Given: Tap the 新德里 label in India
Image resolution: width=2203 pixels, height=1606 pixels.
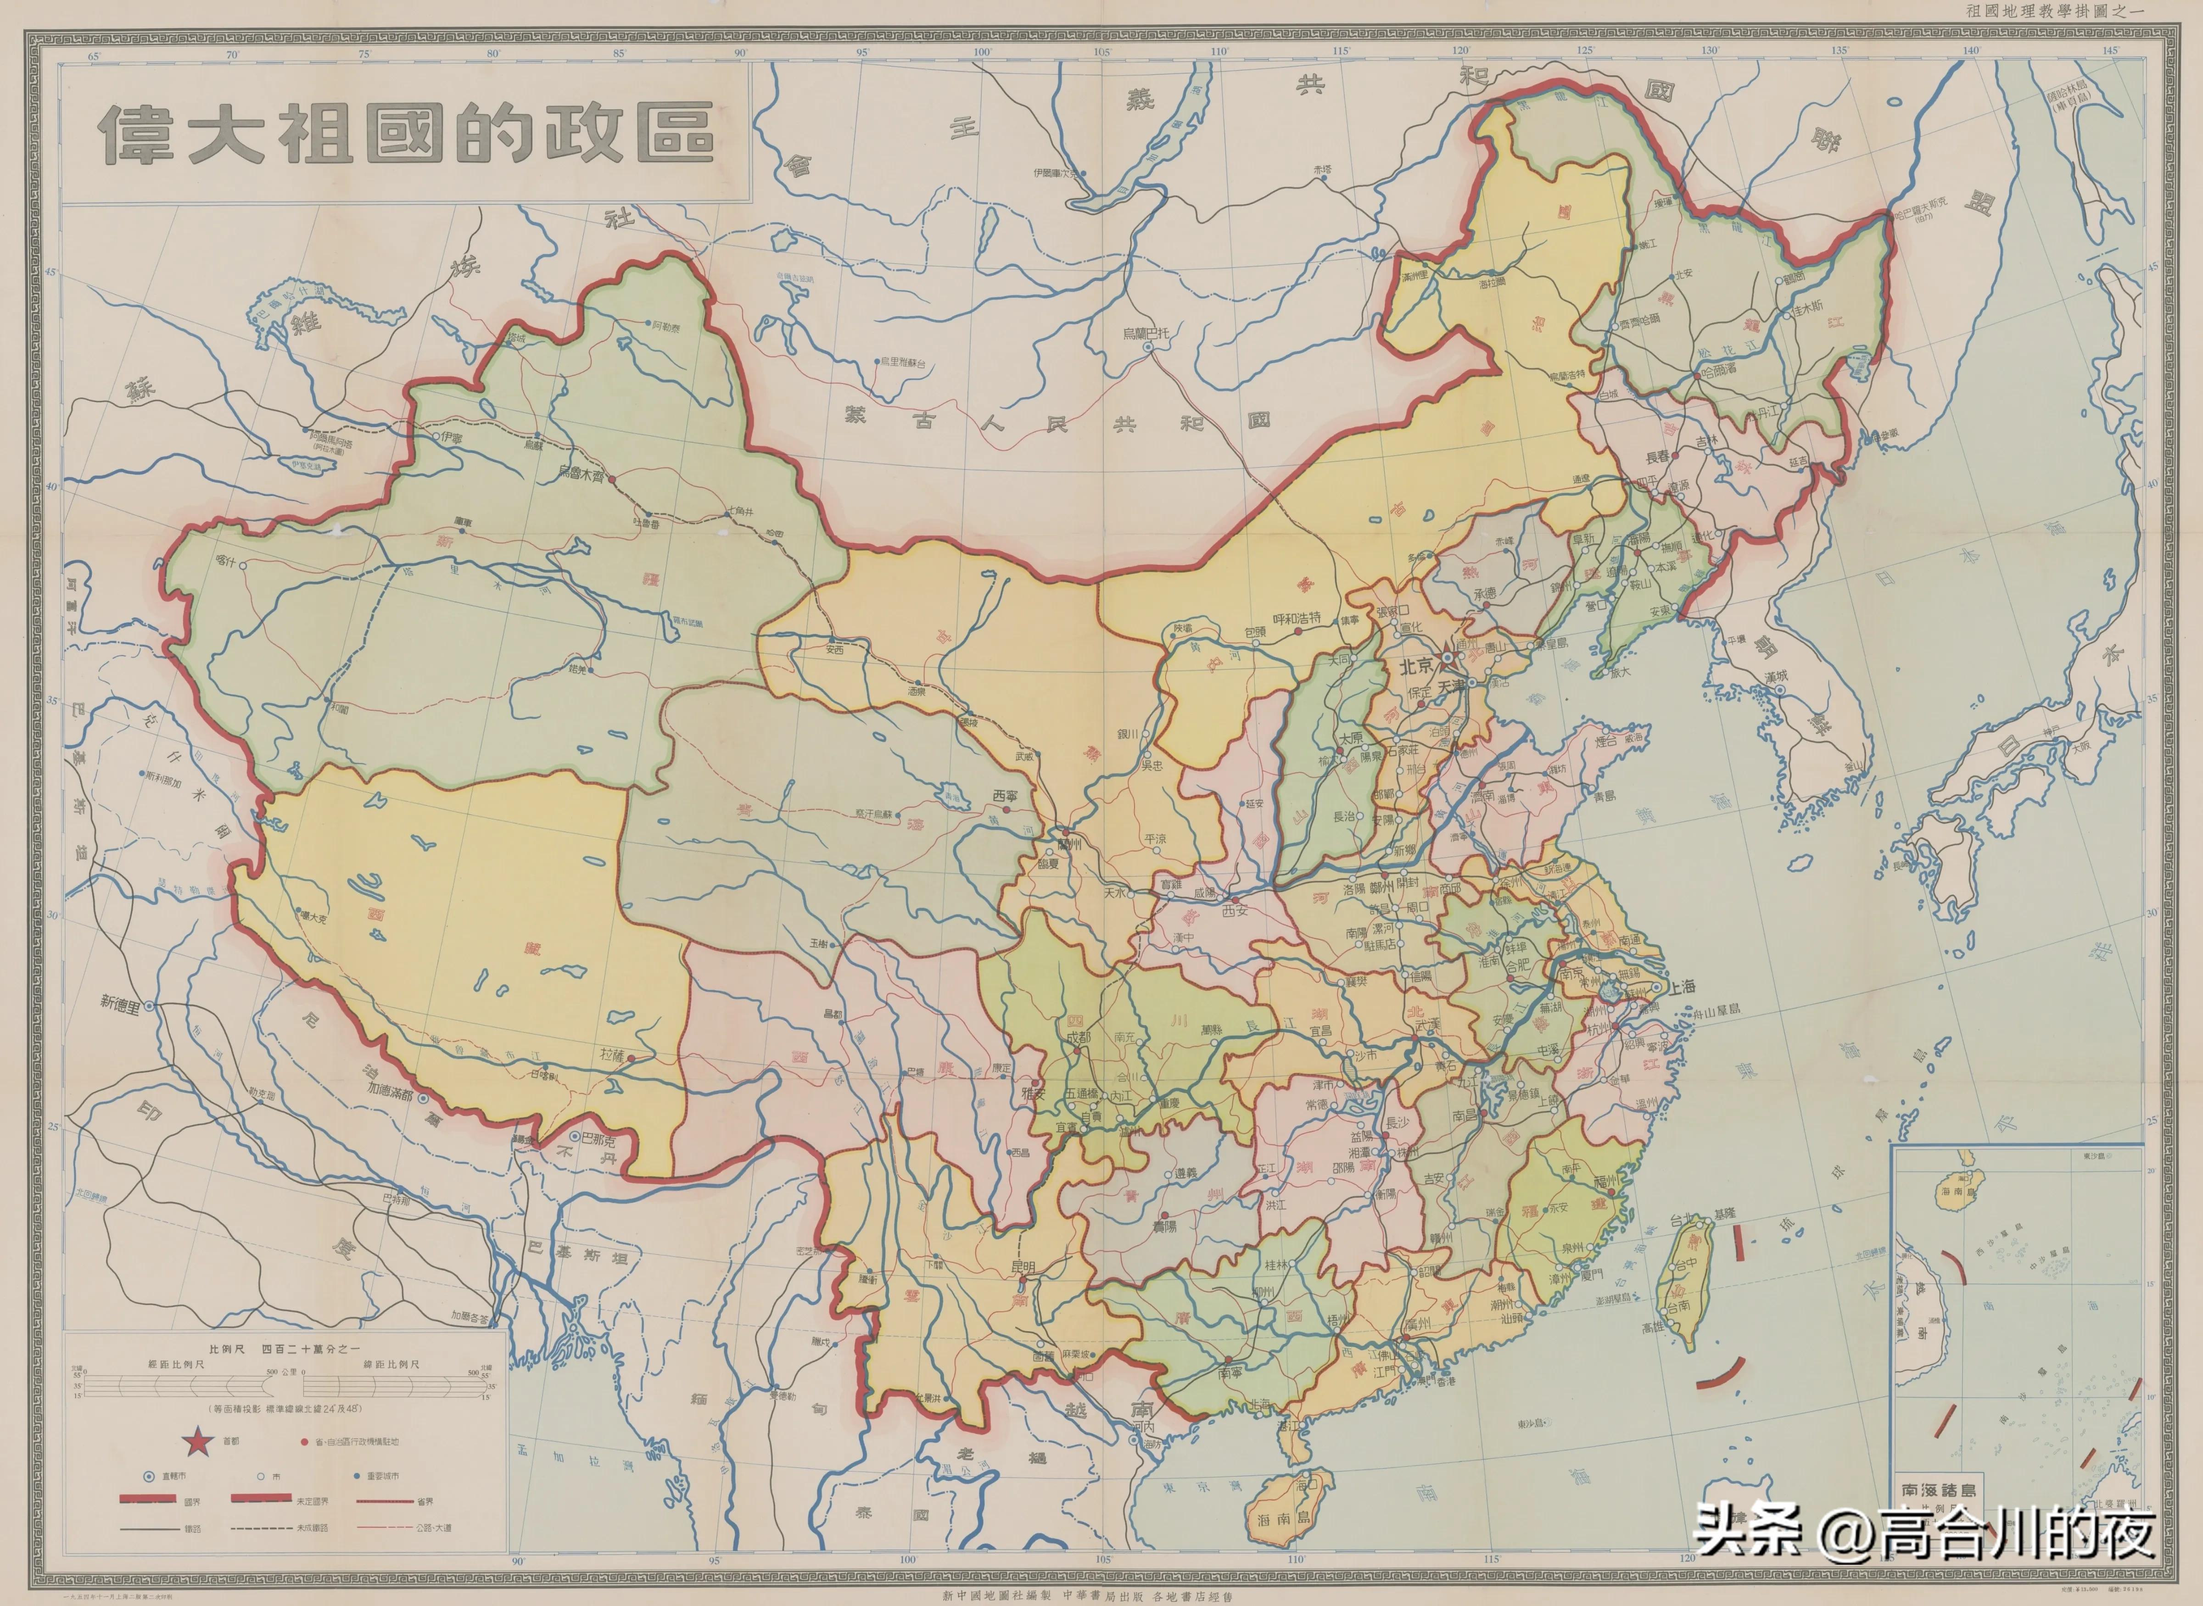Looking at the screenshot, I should pyautogui.click(x=121, y=1002).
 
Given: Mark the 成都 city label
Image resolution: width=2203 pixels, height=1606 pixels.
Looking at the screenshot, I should pyautogui.click(x=1077, y=1037).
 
